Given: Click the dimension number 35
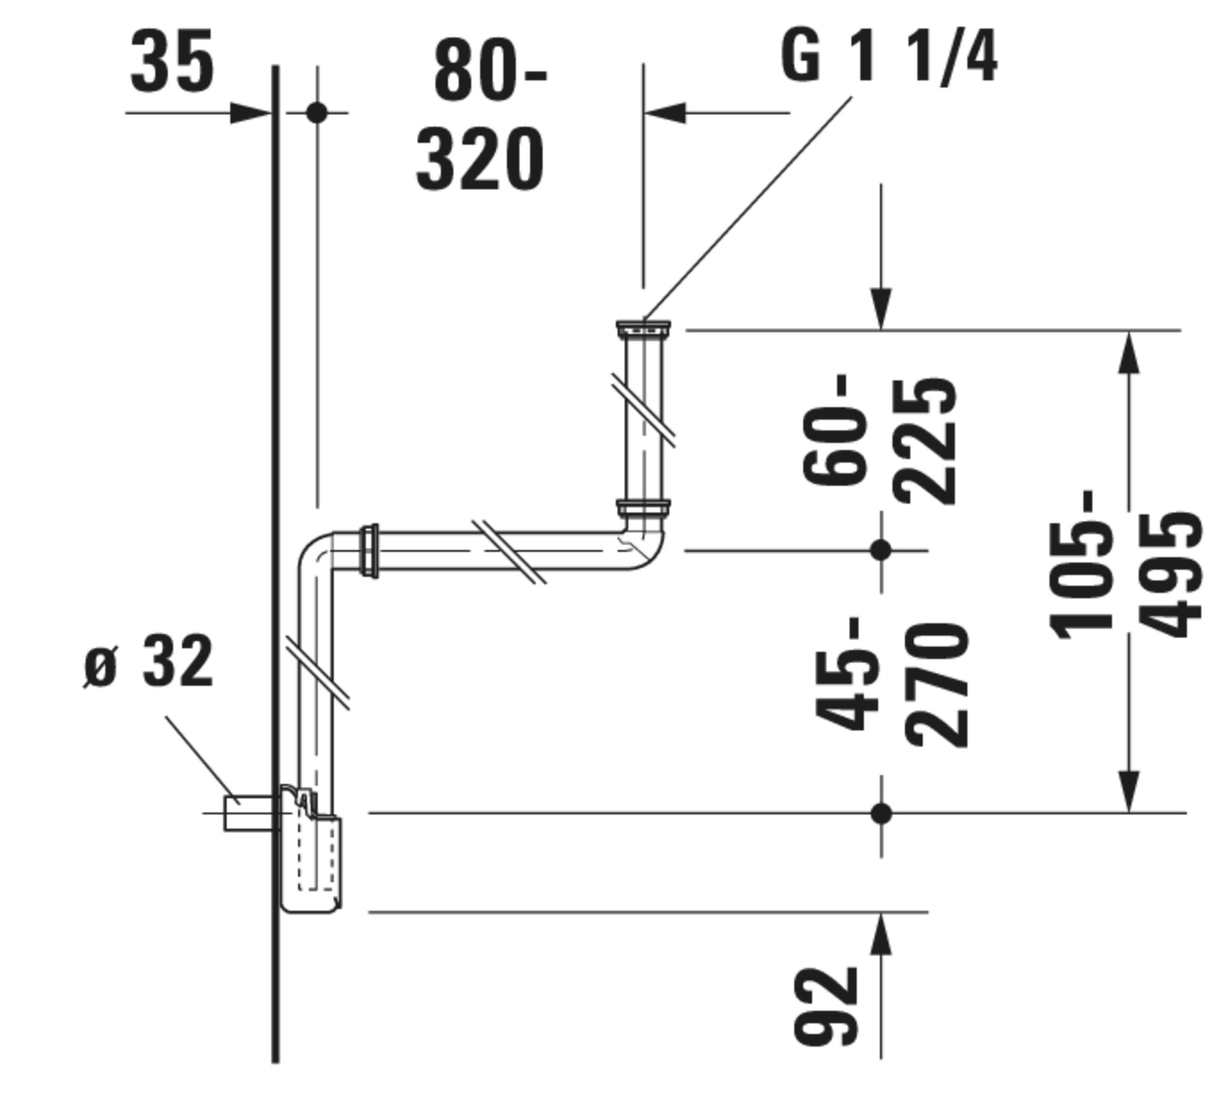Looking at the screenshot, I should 172,61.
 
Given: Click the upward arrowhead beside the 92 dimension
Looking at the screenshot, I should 881,935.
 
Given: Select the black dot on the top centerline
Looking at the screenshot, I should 317,113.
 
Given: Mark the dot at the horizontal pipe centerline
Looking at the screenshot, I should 881,550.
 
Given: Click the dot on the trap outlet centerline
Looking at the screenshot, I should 881,813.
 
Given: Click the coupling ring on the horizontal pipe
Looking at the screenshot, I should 369,550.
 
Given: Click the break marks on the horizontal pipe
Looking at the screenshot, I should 509,552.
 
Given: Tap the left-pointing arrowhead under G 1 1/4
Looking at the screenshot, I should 666,113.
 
